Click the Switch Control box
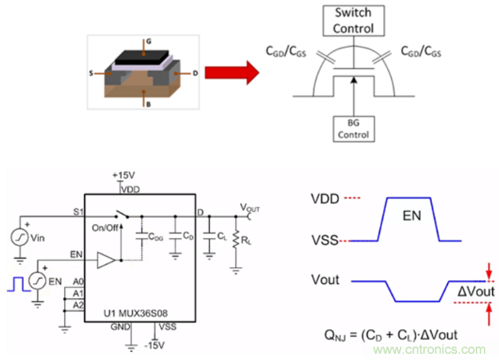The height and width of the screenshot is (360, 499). coord(353,20)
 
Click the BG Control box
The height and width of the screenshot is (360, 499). coord(353,128)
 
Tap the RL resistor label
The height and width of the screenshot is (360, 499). coord(245,240)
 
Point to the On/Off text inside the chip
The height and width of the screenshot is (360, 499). coord(105,227)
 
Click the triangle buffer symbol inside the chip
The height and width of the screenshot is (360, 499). coord(105,260)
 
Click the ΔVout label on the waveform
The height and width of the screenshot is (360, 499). coord(471,291)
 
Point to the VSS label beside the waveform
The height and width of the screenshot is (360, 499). coord(326,240)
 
